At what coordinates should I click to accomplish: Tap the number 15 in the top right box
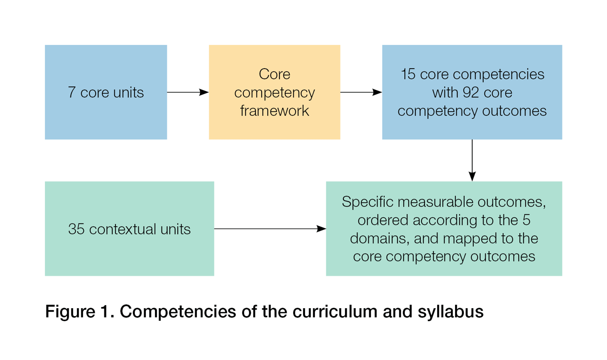pos(408,74)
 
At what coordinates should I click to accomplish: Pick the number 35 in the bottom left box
pos(76,229)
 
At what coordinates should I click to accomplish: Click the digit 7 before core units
pos(72,92)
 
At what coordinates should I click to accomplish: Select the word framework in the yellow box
pos(274,111)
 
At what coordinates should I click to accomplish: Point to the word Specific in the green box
pos(368,202)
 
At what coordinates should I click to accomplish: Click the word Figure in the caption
pos(70,312)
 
